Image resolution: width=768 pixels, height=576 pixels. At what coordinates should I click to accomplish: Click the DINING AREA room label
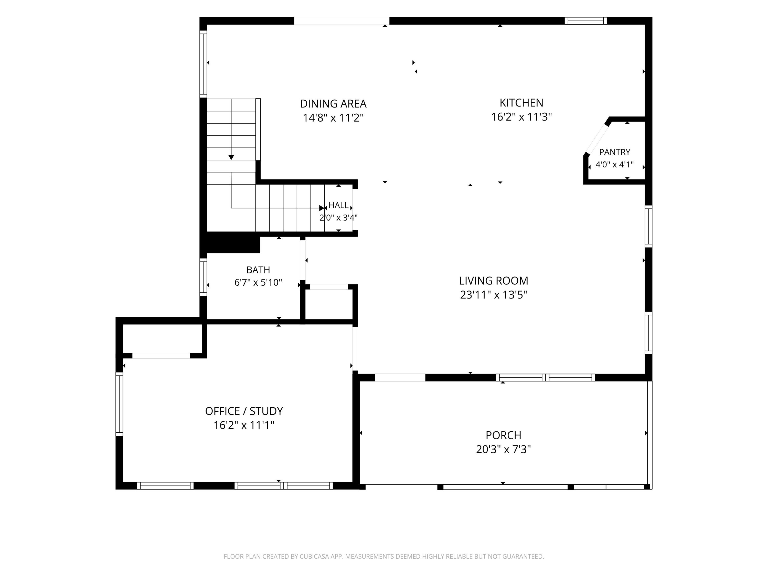[x=333, y=104]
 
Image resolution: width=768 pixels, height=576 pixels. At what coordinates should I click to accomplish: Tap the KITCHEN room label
[x=521, y=103]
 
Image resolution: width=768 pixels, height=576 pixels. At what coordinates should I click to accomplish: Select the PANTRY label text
[x=615, y=152]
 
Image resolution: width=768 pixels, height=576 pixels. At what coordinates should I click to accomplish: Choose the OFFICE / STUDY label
[x=244, y=411]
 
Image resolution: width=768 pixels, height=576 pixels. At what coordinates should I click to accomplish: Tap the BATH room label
[x=258, y=270]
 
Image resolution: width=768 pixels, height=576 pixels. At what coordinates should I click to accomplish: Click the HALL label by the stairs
[x=338, y=205]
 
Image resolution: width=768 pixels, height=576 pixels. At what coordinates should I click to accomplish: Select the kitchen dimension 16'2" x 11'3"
[x=521, y=117]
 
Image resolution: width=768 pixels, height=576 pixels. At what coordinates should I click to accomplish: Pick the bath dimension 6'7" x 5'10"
[x=258, y=282]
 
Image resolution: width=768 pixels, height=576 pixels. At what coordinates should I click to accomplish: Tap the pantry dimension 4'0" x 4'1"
[x=615, y=165]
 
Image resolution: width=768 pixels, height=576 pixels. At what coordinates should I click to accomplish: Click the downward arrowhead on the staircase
[x=231, y=157]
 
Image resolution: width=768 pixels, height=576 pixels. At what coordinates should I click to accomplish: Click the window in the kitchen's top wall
[x=585, y=21]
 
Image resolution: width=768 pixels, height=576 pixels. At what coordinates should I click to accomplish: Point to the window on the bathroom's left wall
[x=203, y=277]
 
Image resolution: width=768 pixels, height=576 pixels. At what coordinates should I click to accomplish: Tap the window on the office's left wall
[x=119, y=404]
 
